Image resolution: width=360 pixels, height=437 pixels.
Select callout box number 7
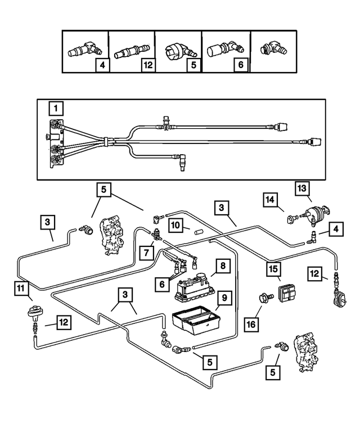click(x=148, y=251)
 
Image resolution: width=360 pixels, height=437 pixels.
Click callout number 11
click(x=21, y=290)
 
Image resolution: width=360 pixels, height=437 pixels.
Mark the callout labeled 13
click(x=303, y=188)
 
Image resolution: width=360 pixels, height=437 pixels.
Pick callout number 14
click(x=269, y=200)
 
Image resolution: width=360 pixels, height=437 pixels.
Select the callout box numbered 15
click(x=273, y=271)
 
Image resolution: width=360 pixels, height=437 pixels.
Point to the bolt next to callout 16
click(x=262, y=296)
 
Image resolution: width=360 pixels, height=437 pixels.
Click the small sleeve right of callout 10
click(x=197, y=231)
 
